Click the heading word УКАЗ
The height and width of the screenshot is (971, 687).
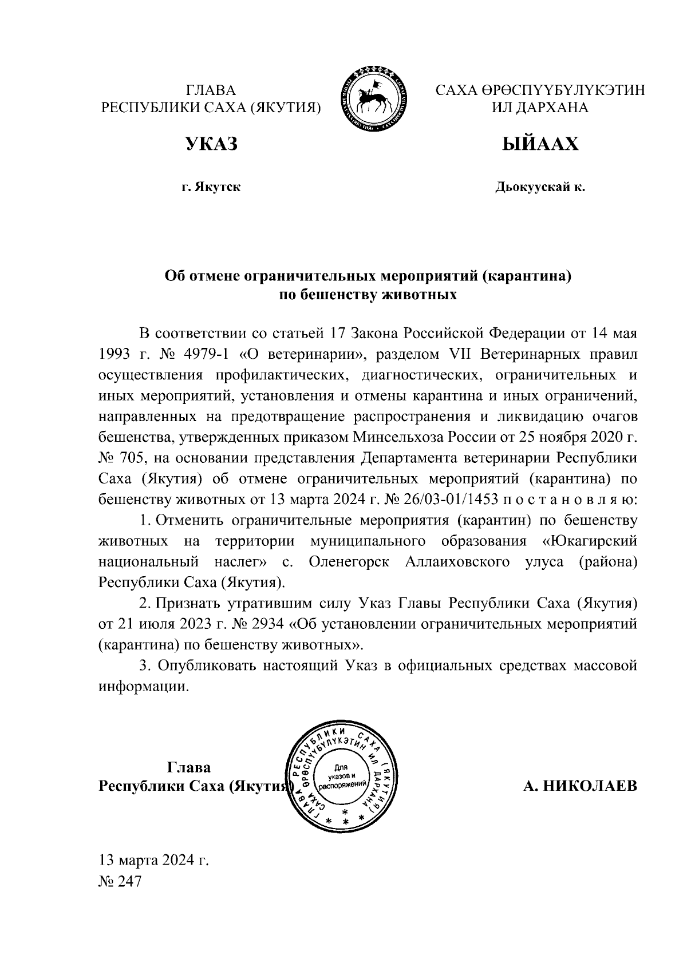click(211, 145)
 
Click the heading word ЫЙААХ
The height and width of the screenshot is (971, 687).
click(540, 145)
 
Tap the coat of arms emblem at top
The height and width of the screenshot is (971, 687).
click(375, 99)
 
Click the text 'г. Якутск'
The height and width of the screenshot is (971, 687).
click(211, 187)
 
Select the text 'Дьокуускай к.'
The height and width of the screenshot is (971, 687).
click(540, 187)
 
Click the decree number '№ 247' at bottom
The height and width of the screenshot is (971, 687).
click(120, 882)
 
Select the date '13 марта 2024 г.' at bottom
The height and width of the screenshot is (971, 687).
click(154, 860)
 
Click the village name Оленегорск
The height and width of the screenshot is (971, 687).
click(349, 562)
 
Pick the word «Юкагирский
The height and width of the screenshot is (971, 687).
click(589, 541)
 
